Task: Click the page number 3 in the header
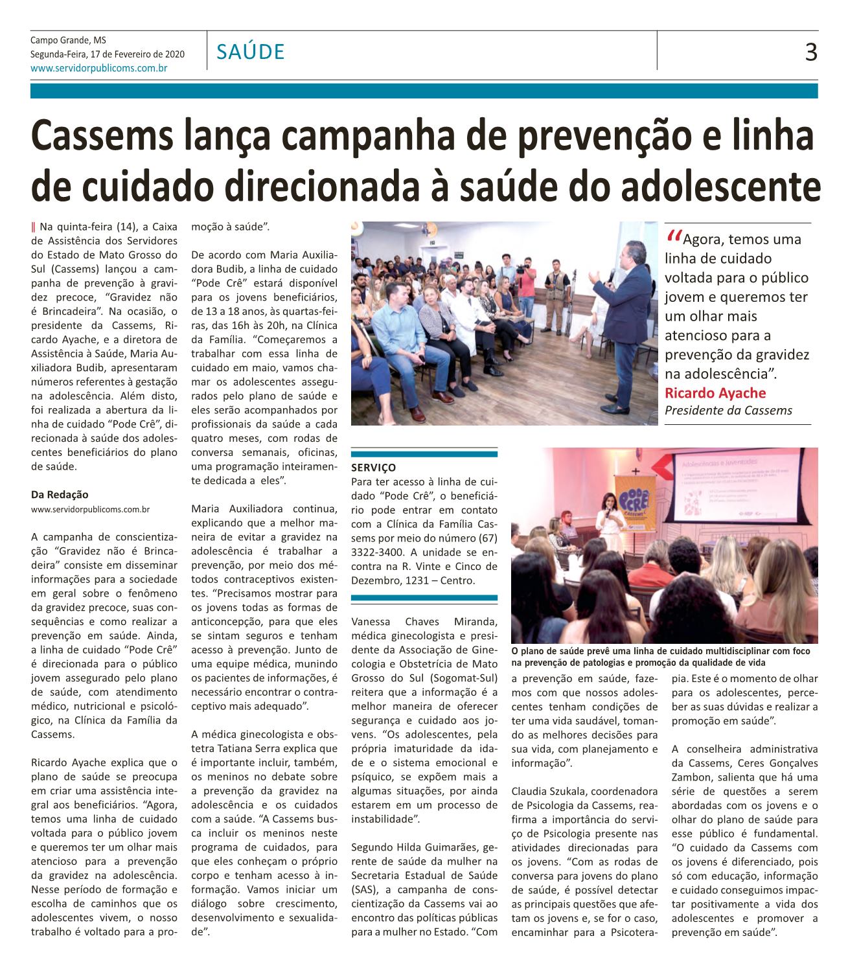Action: tap(810, 52)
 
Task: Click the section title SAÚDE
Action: tap(251, 52)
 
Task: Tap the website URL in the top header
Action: tap(99, 67)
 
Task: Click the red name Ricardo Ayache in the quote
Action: tap(715, 393)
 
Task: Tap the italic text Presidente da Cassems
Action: tap(728, 411)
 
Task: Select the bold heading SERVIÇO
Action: tap(372, 467)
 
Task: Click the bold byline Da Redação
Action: tap(60, 495)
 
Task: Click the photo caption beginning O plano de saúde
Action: tap(660, 657)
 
